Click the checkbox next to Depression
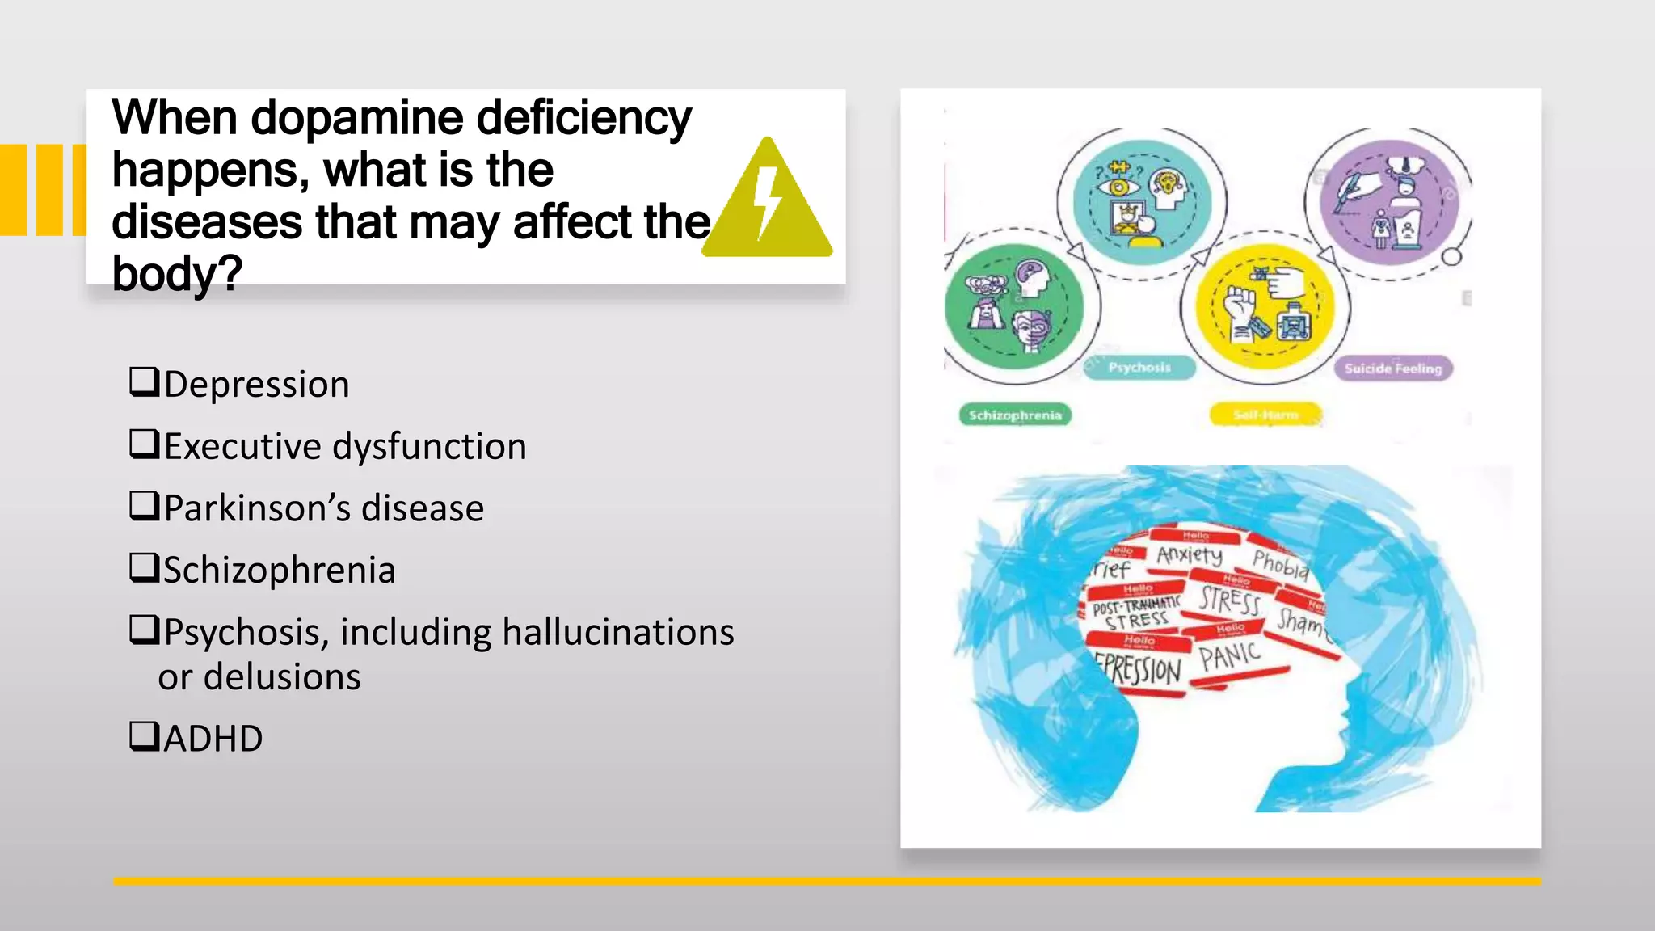pos(144,381)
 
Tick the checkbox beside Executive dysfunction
pos(144,444)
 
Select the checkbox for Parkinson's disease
pos(144,506)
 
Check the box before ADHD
pos(144,736)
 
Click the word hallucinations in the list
pos(618,632)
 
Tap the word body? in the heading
pos(177,273)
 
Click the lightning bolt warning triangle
pos(768,202)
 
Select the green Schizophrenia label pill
pos(1015,415)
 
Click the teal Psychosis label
pos(1139,368)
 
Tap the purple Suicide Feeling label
pos(1393,369)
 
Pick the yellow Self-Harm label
pos(1265,415)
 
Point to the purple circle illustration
pos(1390,202)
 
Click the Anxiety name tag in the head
pos(1190,554)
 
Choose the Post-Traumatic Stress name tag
pos(1136,613)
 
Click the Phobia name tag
pos(1280,564)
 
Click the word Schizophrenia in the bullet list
pos(280,571)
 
